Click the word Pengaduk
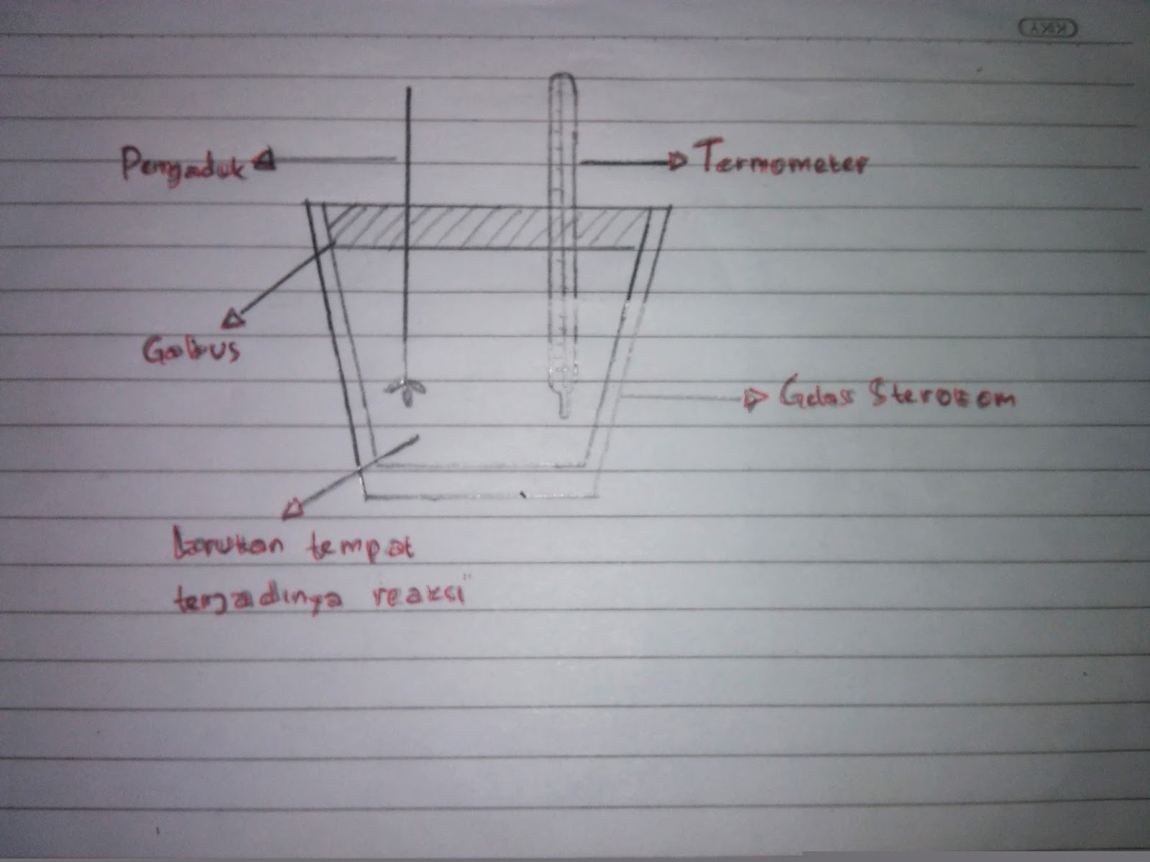point(183,166)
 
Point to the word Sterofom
point(943,397)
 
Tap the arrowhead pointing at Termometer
point(676,162)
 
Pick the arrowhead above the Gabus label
point(231,318)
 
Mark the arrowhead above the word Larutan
point(294,509)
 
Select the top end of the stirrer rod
point(409,90)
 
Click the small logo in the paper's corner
point(1050,29)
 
